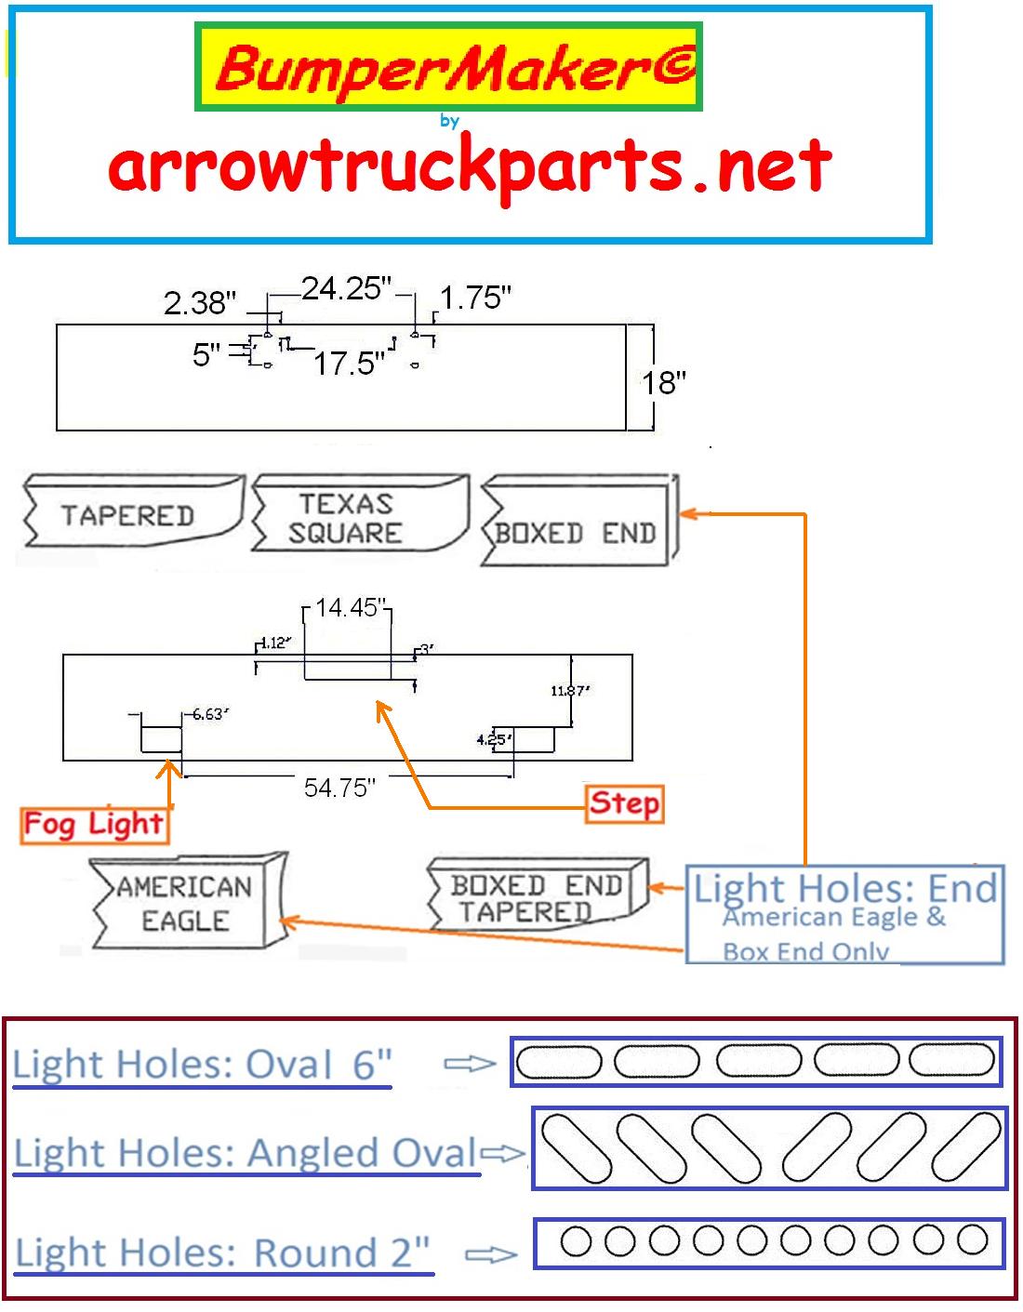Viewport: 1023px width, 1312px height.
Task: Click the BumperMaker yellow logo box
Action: pos(448,67)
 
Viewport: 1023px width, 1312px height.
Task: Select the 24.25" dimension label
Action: pos(347,288)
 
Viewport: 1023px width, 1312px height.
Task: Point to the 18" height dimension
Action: pos(663,381)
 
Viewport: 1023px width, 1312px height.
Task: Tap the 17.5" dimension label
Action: pos(348,363)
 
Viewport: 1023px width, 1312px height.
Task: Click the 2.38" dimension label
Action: pos(200,302)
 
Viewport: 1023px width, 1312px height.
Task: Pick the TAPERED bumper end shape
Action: pos(130,512)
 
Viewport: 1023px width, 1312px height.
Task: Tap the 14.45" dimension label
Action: pos(348,608)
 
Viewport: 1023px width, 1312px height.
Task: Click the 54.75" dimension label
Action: pos(339,788)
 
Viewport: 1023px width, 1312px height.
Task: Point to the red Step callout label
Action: pos(624,803)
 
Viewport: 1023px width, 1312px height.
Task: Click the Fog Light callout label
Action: pos(94,824)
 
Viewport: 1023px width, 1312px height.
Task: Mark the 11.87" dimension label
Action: pos(570,690)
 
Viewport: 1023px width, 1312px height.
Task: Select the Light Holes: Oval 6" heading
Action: pos(202,1065)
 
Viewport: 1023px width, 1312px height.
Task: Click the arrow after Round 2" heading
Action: pos(490,1255)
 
